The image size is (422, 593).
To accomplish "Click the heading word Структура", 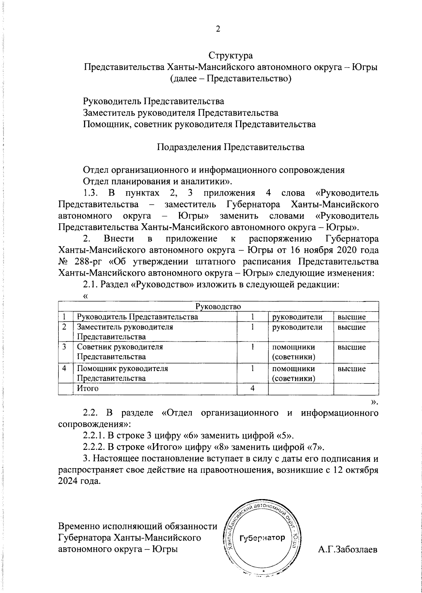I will pyautogui.click(x=231, y=56).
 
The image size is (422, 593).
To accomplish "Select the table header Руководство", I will pyautogui.click(x=218, y=306).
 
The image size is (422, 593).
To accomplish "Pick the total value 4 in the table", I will pyautogui.click(x=252, y=388).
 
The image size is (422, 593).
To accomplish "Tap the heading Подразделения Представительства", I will pyautogui.click(x=230, y=147).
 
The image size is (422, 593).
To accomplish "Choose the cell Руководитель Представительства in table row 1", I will pyautogui.click(x=138, y=317).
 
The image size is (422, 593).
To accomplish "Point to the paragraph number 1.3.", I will pyautogui.click(x=91, y=193).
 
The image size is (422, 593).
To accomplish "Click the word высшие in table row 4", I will pyautogui.click(x=352, y=369).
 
